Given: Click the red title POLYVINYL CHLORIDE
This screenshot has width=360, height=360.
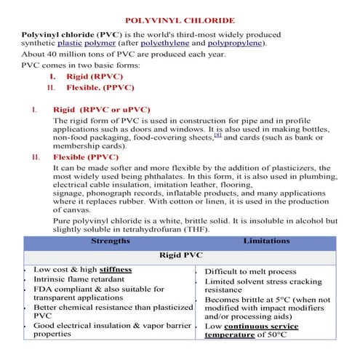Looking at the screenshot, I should (x=180, y=22).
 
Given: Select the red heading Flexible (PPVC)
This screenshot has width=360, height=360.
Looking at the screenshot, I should (x=85, y=157).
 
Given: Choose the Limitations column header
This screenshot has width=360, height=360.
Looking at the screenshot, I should (x=266, y=240).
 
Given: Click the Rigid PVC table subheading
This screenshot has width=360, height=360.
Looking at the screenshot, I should (x=180, y=256).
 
